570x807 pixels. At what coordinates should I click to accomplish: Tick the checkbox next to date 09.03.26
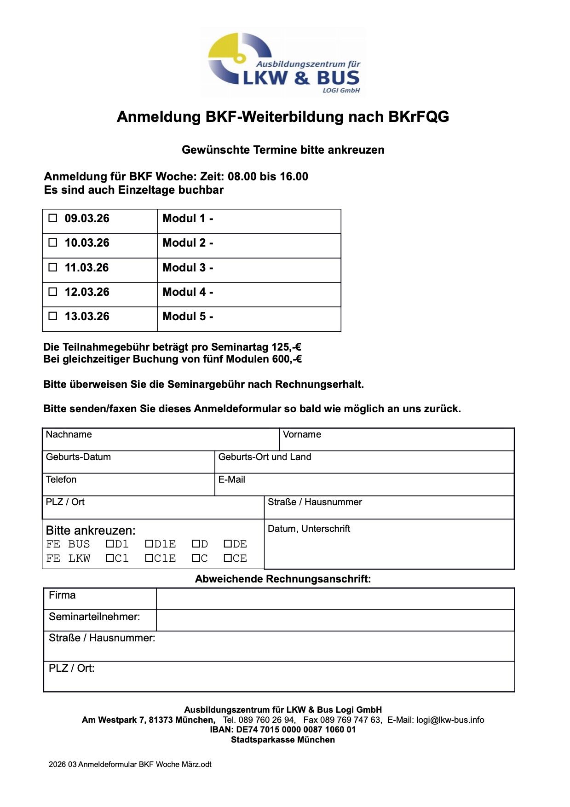53,218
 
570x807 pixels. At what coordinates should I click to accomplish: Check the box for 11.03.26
53,267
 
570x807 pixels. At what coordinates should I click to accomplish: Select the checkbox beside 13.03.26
53,316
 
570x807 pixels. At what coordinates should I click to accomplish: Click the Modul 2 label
188,243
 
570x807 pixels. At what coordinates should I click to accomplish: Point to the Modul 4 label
188,292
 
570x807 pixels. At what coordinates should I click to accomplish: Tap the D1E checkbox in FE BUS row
149,544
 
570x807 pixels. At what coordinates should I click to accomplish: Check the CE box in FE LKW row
228,558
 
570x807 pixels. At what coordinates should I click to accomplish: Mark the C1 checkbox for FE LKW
109,558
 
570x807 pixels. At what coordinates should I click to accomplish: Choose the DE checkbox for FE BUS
228,544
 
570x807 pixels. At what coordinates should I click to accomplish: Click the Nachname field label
69,434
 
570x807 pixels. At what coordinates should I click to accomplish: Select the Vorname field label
302,434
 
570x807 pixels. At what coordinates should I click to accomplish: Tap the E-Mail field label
231,479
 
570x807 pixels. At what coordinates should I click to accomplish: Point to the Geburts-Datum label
78,457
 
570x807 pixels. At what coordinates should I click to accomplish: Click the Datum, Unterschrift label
309,529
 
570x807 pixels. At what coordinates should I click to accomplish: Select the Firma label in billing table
62,595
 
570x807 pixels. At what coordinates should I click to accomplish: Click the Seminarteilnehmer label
94,617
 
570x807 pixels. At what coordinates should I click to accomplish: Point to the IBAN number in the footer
283,730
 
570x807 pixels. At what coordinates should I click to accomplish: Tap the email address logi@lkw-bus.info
450,720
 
